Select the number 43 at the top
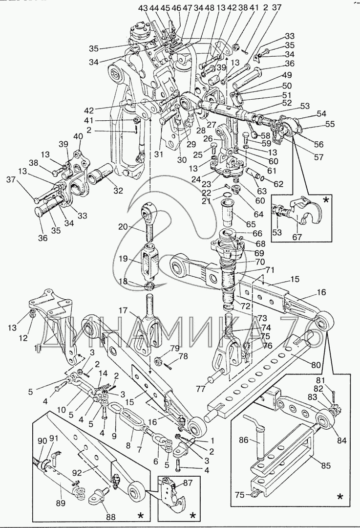143,8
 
